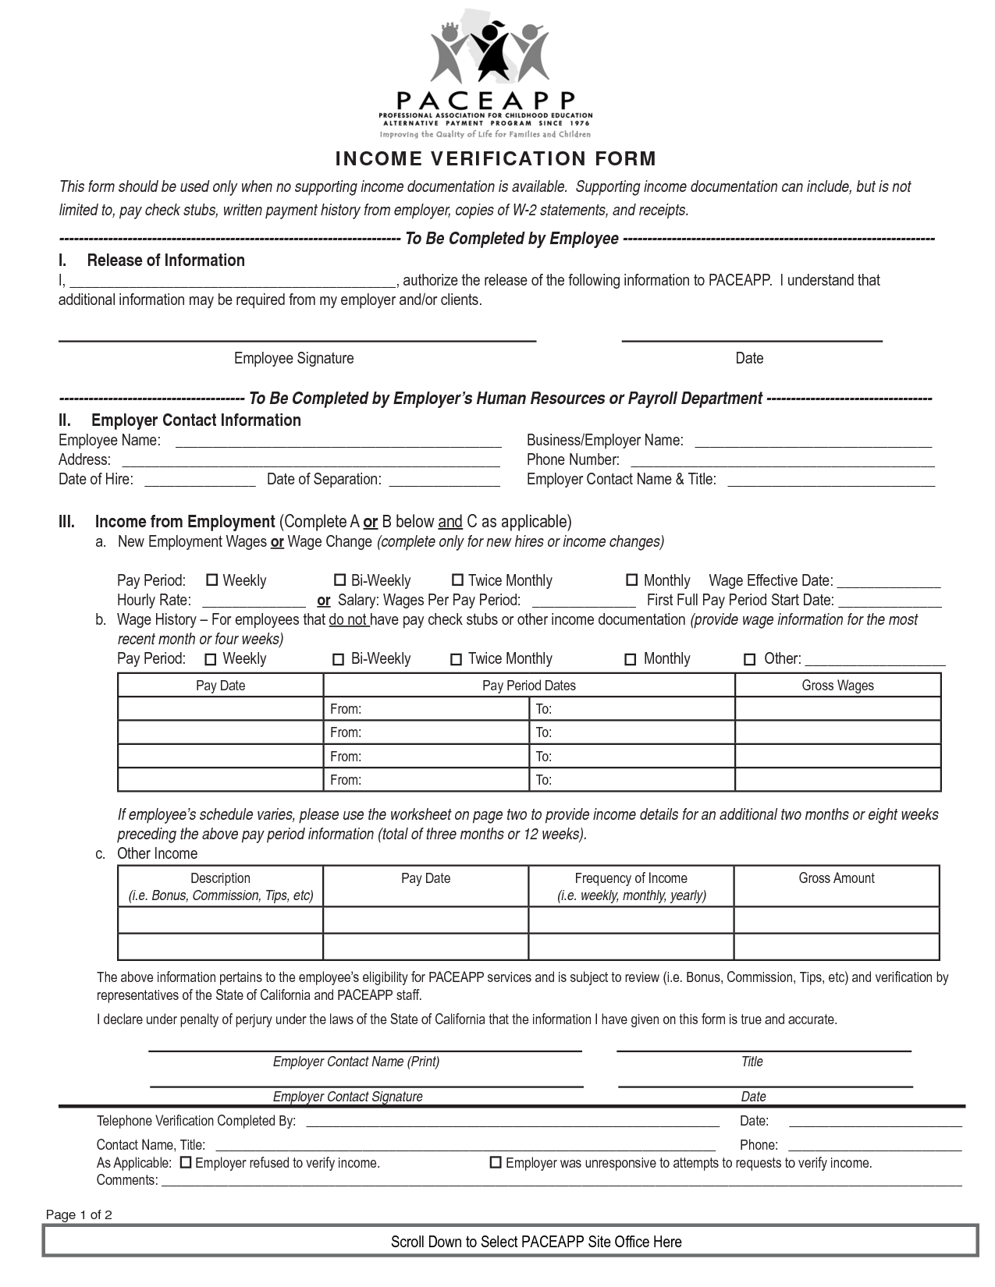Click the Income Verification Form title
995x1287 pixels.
click(496, 159)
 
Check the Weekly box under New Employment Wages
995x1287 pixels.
click(211, 580)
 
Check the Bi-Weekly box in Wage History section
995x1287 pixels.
click(339, 659)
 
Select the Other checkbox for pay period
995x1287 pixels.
click(749, 659)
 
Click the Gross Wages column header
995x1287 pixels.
click(837, 686)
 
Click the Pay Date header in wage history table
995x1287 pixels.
click(220, 686)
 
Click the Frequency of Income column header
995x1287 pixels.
click(631, 886)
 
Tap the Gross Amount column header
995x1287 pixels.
click(836, 878)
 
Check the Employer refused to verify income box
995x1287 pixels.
click(186, 1162)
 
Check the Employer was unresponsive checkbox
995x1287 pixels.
click(495, 1162)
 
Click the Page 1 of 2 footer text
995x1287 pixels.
click(79, 1214)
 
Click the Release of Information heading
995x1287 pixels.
click(165, 261)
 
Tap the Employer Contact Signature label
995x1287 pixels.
click(347, 1097)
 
